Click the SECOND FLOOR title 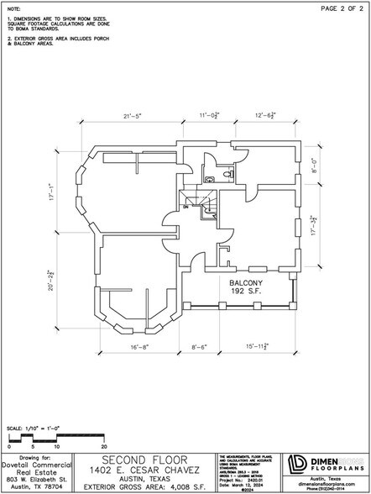coord(143,460)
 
